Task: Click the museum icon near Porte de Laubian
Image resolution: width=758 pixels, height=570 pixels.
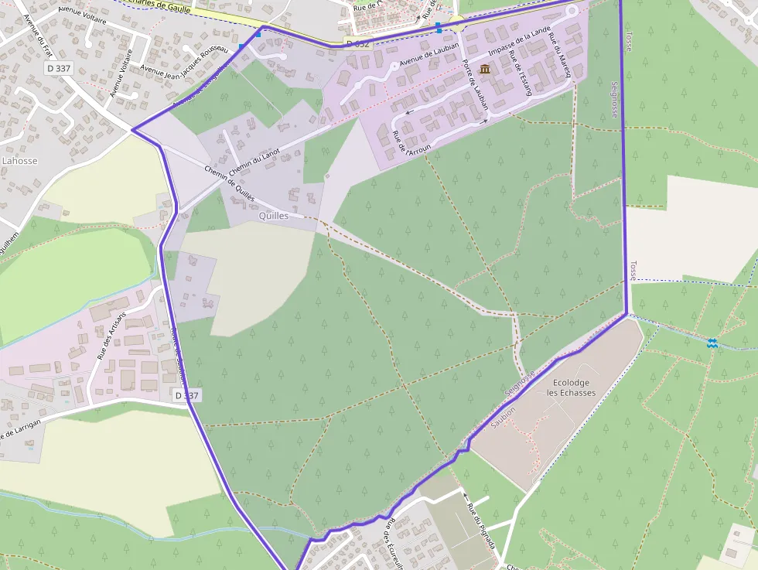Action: (485, 70)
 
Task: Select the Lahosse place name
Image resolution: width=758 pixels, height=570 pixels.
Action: (19, 161)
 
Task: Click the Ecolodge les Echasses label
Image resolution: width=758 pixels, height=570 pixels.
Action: (572, 387)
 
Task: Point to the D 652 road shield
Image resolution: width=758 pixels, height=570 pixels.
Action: (359, 44)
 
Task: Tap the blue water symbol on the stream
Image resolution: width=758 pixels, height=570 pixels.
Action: (712, 343)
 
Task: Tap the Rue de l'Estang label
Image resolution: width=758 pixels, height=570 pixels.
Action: (521, 77)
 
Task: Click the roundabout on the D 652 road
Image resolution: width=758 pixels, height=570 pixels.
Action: (456, 24)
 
